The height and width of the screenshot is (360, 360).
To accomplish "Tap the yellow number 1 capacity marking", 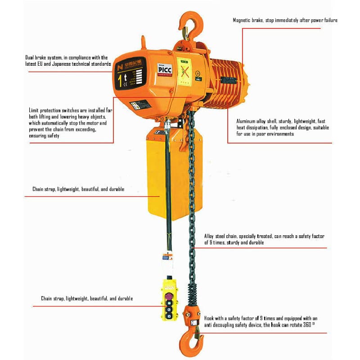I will (x=120, y=81).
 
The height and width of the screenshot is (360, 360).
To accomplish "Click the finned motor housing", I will (x=227, y=81).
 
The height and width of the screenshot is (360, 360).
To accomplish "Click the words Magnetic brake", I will (x=247, y=20).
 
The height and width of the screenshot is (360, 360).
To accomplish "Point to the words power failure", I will (x=324, y=20).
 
